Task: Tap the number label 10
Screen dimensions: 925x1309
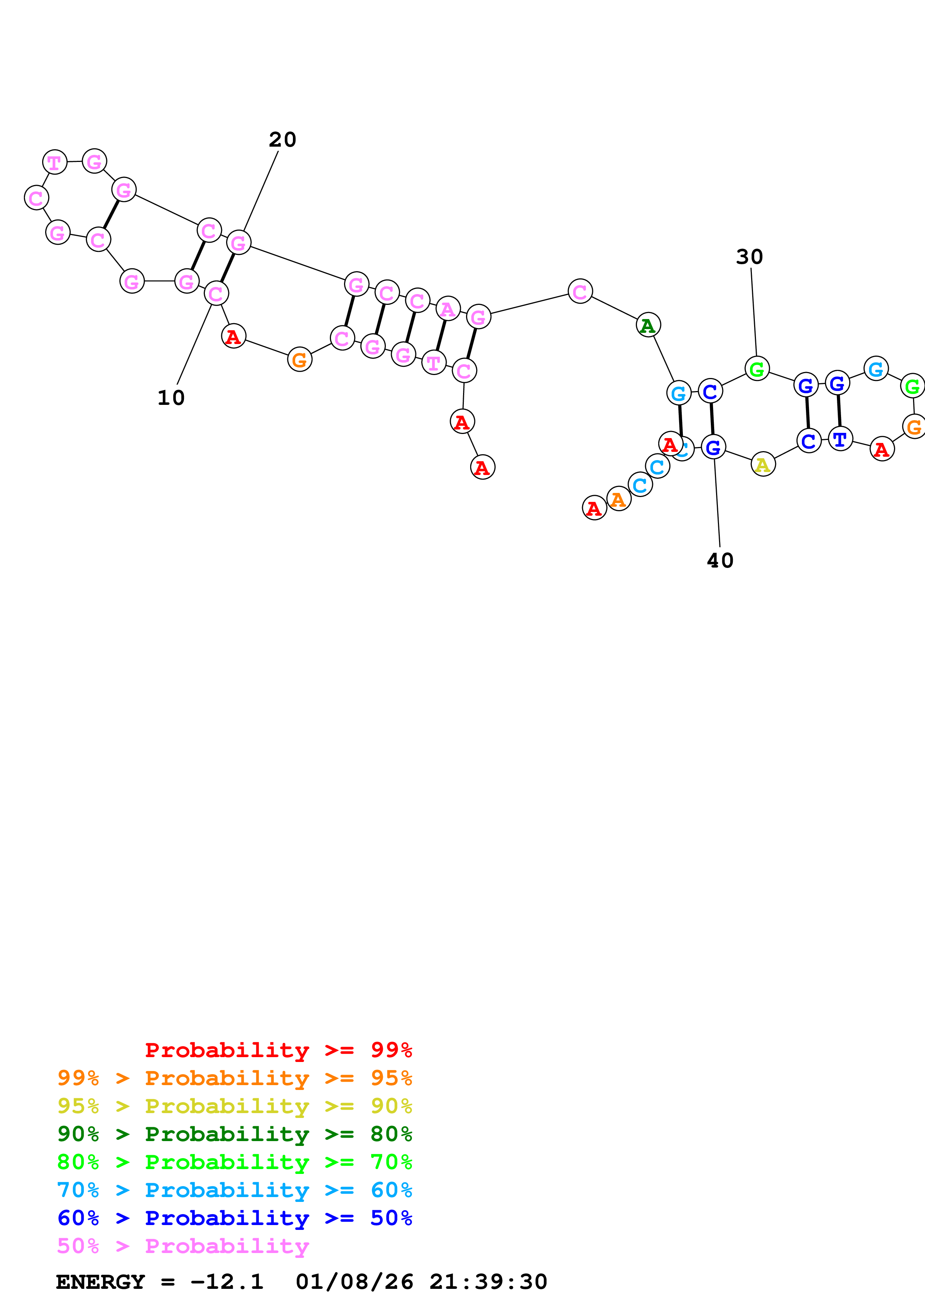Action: [x=171, y=398]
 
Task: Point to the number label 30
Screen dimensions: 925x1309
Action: [x=749, y=257]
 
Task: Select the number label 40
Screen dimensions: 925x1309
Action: [x=720, y=561]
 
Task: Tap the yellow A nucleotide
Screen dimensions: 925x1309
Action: [x=763, y=465]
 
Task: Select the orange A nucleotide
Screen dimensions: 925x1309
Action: [x=618, y=499]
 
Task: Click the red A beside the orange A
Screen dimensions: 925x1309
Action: [x=594, y=507]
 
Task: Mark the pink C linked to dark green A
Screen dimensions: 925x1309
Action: [x=579, y=292]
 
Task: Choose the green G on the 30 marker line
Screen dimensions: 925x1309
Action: [x=757, y=369]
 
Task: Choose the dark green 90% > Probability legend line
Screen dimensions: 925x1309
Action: [x=235, y=1134]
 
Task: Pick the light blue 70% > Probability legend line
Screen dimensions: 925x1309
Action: [x=235, y=1190]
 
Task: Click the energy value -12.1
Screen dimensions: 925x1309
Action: [x=226, y=1282]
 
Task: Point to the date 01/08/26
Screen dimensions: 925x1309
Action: [x=354, y=1282]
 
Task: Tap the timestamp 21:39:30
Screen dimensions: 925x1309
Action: [x=488, y=1282]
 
